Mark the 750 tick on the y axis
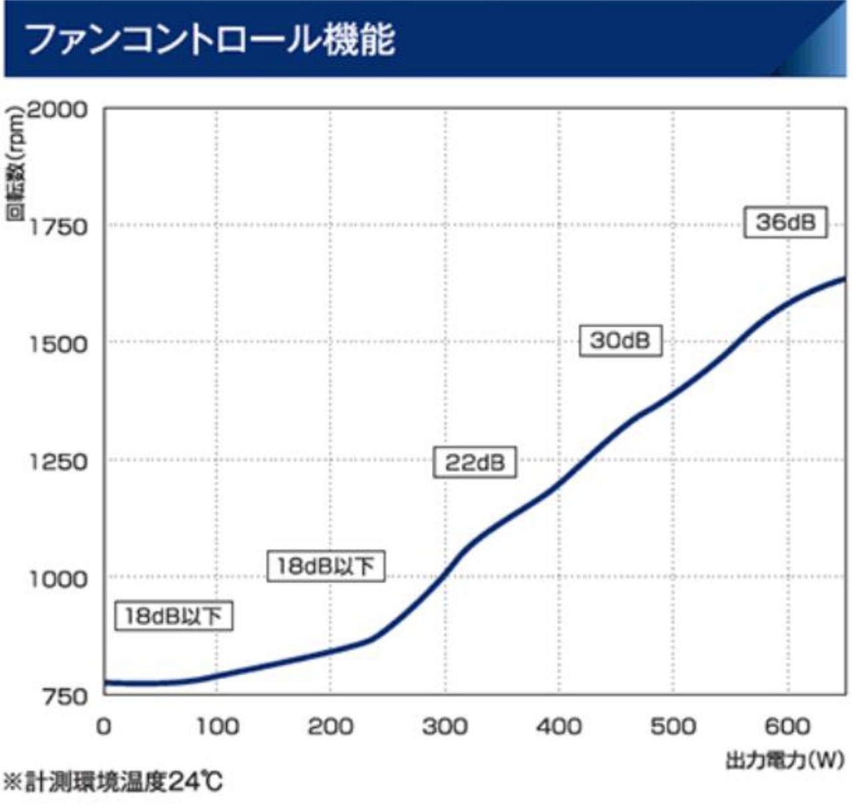coord(65,696)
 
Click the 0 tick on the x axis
coord(104,726)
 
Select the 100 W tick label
coord(218,726)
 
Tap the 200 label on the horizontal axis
coord(331,726)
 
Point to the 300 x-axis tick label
coord(445,726)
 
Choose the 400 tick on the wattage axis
coord(559,726)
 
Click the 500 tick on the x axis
coord(673,726)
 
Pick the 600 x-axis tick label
coord(787,726)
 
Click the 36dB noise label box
coord(785,222)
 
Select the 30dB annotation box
coord(620,341)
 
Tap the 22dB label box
coord(475,462)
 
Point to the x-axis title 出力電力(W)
coord(784,759)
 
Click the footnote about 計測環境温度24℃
coord(113,781)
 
